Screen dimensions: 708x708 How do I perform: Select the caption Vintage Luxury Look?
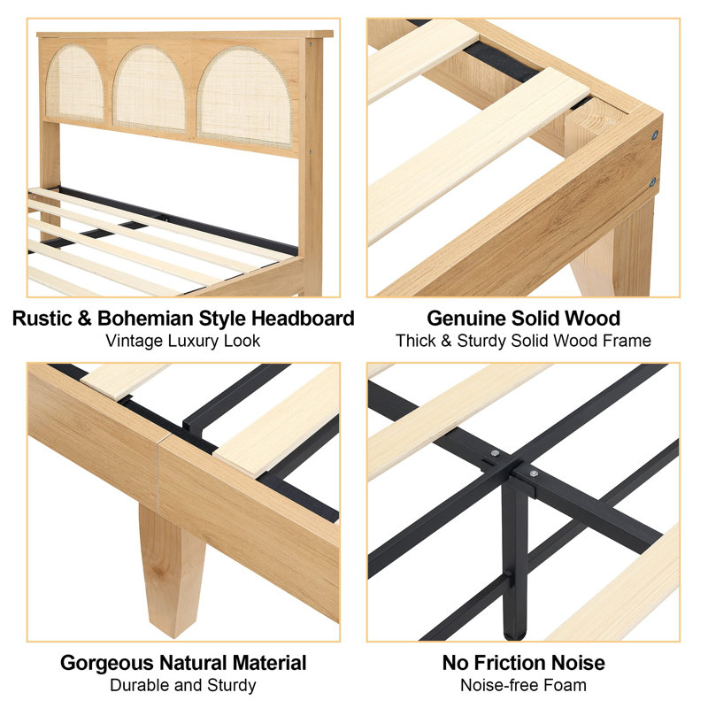(x=183, y=341)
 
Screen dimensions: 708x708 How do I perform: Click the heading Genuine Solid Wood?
(x=524, y=319)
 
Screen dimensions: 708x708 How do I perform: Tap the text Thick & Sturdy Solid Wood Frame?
(x=524, y=341)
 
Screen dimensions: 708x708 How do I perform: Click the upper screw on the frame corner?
(x=654, y=135)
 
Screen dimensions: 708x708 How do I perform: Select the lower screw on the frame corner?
(x=654, y=181)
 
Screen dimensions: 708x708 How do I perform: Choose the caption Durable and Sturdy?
(x=183, y=685)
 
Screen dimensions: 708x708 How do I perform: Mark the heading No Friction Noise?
(x=524, y=663)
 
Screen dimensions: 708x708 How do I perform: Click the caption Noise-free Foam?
(x=524, y=685)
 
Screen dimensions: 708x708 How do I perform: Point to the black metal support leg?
(x=514, y=558)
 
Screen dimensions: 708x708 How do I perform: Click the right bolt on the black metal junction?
(x=533, y=474)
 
